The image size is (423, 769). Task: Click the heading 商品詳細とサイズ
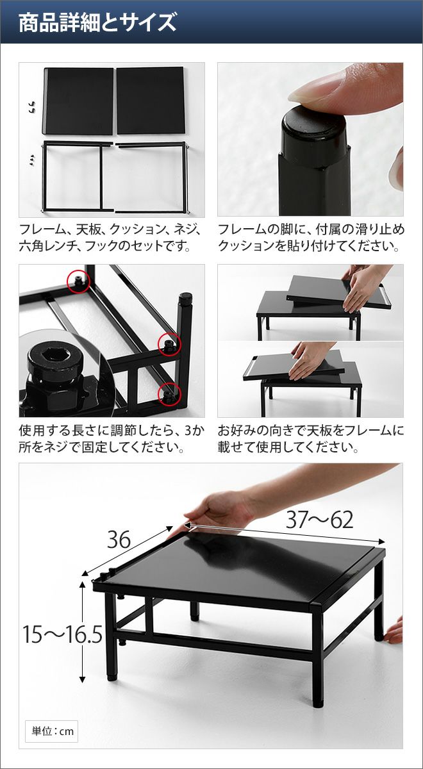(x=97, y=22)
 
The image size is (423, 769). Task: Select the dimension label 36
(x=119, y=540)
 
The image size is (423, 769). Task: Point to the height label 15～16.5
(x=63, y=634)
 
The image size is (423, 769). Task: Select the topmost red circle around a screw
(x=78, y=281)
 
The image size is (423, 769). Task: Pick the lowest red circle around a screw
(x=169, y=393)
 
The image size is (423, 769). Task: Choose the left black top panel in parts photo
(x=78, y=101)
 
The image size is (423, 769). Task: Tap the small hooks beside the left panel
(x=31, y=107)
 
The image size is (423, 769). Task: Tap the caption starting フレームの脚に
(x=310, y=237)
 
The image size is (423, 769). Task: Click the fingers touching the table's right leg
(x=395, y=631)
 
